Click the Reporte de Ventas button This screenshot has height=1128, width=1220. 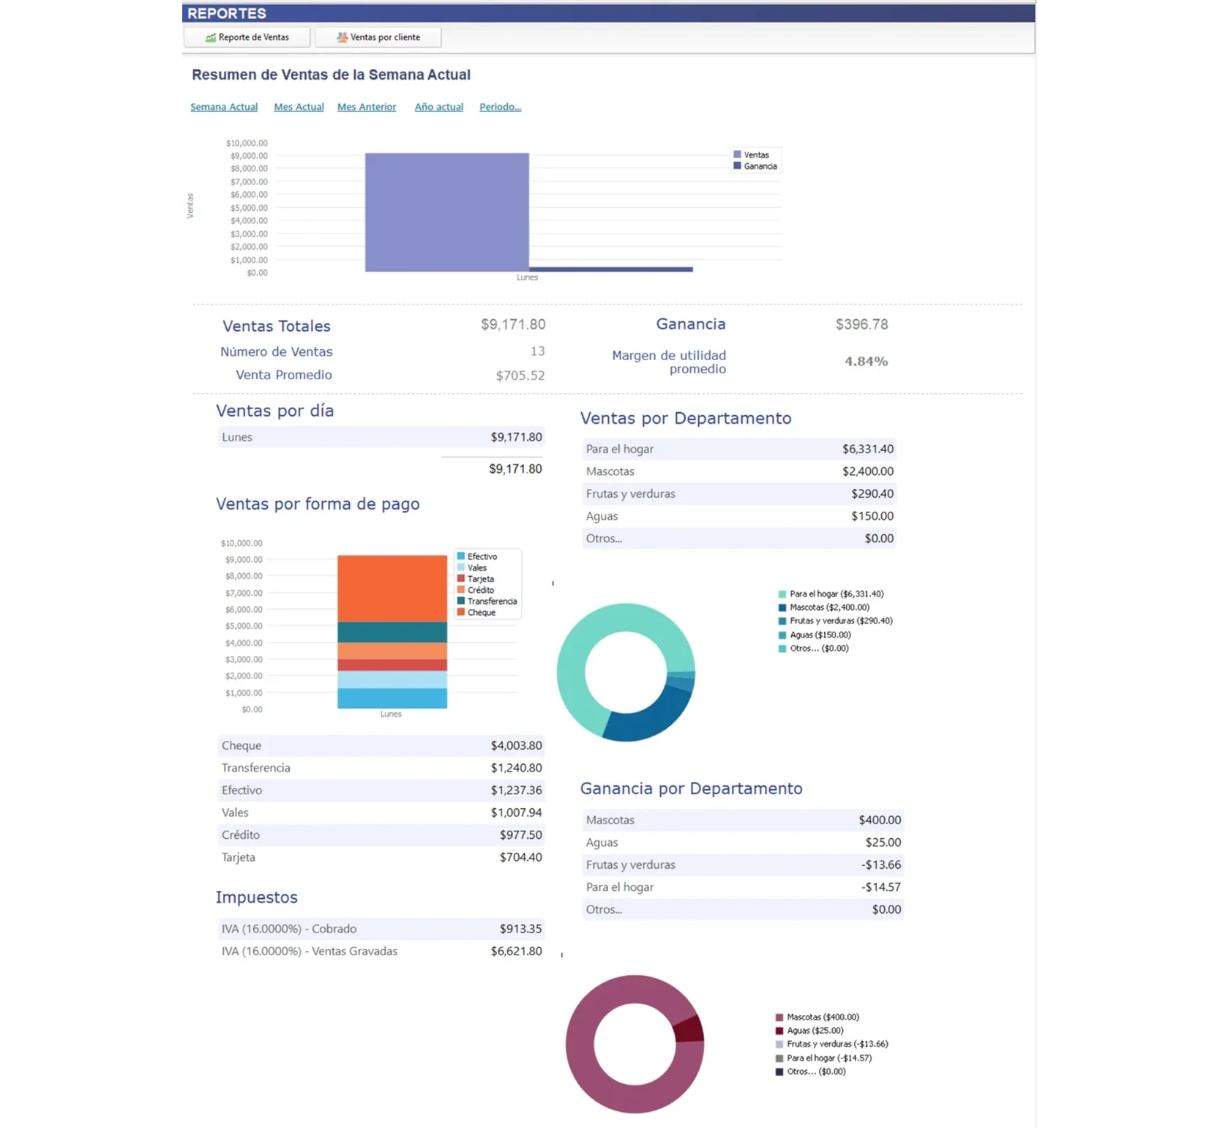point(247,37)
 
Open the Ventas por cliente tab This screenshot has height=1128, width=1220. point(378,37)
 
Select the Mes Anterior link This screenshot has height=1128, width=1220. point(367,107)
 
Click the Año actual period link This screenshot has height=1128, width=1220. point(439,107)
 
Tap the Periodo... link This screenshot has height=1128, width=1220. point(500,107)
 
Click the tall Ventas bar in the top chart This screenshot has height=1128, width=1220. point(446,212)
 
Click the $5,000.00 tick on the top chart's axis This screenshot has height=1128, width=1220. point(249,208)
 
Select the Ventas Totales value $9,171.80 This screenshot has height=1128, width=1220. point(513,324)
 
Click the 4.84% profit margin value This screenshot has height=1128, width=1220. point(866,362)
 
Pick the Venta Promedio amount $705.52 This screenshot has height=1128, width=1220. point(520,376)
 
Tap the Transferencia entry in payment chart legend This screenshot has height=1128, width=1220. point(491,601)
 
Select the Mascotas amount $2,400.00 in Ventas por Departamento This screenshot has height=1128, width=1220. point(867,471)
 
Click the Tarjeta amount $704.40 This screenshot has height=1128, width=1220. point(520,857)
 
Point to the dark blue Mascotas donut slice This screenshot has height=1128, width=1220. point(648,721)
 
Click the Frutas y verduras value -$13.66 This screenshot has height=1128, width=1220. point(881,864)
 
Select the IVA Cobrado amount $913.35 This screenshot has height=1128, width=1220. point(520,929)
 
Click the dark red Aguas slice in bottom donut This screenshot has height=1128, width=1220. point(689,1028)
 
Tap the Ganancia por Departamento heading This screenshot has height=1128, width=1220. point(691,788)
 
